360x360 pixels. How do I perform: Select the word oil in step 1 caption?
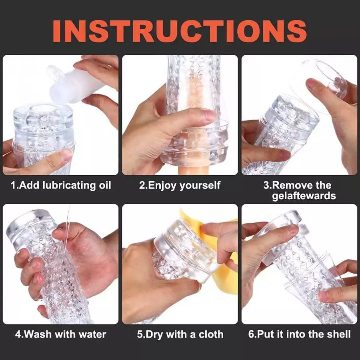pos(103,186)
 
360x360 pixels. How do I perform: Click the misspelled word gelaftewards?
pos(304,196)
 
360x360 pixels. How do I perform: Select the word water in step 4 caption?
pos(94,334)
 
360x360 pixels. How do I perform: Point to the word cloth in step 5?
pos(211,334)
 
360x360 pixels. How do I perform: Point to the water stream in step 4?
pos(67,224)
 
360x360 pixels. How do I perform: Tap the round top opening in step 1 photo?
pos(44,112)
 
